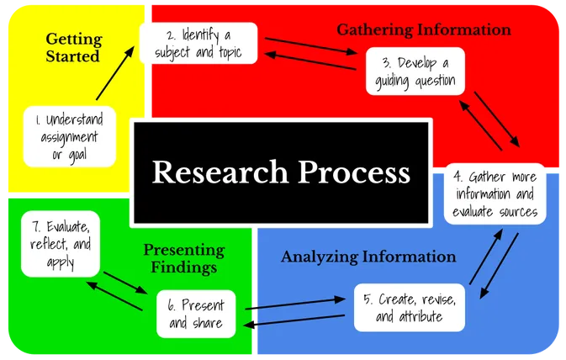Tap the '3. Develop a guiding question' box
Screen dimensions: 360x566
414,71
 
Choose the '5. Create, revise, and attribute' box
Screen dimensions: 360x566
409,308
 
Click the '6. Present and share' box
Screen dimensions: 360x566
196,315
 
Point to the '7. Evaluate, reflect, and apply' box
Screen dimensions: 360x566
61,243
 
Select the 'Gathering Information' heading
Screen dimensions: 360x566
424,30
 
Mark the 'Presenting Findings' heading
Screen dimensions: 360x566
183,258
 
